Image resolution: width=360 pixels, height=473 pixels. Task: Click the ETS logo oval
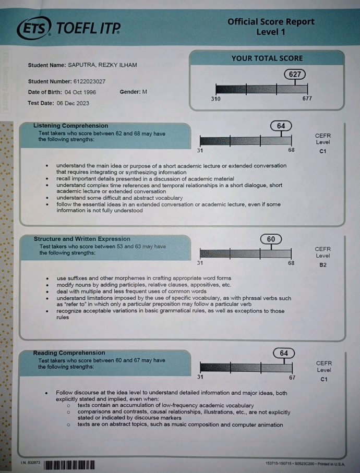pyautogui.click(x=34, y=28)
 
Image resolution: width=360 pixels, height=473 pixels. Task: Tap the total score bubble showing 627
pyautogui.click(x=295, y=74)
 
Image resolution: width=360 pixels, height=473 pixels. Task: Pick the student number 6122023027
pyautogui.click(x=89, y=81)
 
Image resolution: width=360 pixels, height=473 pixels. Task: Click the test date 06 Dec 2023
pyautogui.click(x=73, y=103)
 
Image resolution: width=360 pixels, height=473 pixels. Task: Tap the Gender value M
pyautogui.click(x=145, y=92)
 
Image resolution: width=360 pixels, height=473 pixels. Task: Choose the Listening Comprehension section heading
pyautogui.click(x=71, y=126)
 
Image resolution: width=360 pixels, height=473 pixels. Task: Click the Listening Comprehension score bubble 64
pyautogui.click(x=281, y=126)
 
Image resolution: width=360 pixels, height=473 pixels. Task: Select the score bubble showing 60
pyautogui.click(x=271, y=239)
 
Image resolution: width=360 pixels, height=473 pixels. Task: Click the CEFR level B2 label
pyautogui.click(x=322, y=265)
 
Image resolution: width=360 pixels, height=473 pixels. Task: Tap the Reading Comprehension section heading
pyautogui.click(x=69, y=353)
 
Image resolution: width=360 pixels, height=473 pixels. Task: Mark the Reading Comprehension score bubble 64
pyautogui.click(x=283, y=353)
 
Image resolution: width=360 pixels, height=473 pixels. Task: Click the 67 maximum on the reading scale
pyautogui.click(x=292, y=377)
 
